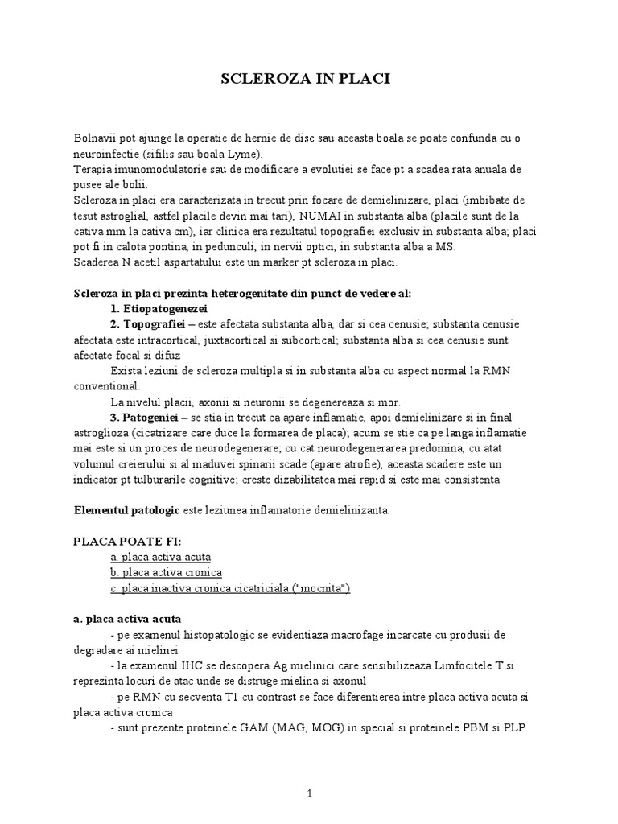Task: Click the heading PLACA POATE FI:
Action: coord(127,541)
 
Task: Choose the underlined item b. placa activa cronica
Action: coord(167,572)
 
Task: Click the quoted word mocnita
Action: coord(323,587)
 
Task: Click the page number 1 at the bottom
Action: coord(309,793)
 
